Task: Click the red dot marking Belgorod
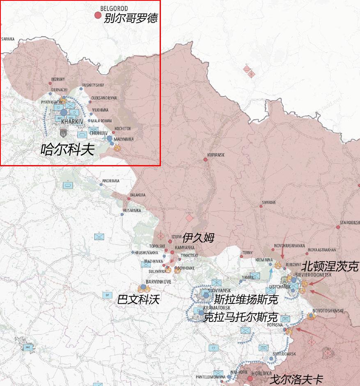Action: pyautogui.click(x=98, y=15)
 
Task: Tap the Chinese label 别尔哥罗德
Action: pyautogui.click(x=131, y=18)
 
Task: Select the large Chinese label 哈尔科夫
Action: pyautogui.click(x=67, y=149)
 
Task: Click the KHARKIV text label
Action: pyautogui.click(x=72, y=122)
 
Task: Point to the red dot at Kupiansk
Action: pyautogui.click(x=205, y=159)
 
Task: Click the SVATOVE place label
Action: pyautogui.click(x=269, y=202)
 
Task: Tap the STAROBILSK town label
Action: pyautogui.click(x=349, y=222)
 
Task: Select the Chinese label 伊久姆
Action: pyautogui.click(x=198, y=237)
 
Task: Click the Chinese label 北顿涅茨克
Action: pyautogui.click(x=330, y=267)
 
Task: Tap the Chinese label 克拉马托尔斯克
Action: pyautogui.click(x=241, y=317)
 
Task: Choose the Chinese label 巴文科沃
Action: pyautogui.click(x=138, y=299)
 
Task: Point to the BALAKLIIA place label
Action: pyautogui.click(x=138, y=195)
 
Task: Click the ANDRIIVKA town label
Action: pyautogui.click(x=110, y=181)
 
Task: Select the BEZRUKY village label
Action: pyautogui.click(x=58, y=79)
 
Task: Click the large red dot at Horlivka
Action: pyautogui.click(x=250, y=378)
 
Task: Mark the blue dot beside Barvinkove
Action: pyautogui.click(x=143, y=287)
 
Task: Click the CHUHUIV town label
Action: pyautogui.click(x=98, y=133)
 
